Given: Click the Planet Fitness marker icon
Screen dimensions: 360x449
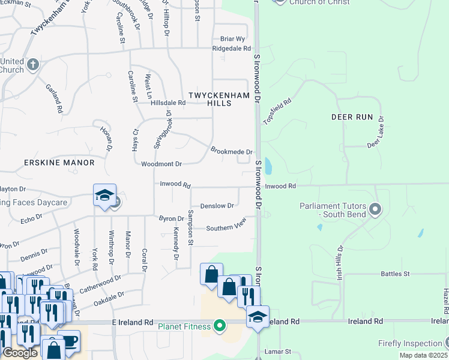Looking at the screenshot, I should point(220,326).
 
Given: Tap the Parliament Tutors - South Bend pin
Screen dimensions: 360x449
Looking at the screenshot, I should point(376,210).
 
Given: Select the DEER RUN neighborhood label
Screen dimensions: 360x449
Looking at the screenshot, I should point(352,118).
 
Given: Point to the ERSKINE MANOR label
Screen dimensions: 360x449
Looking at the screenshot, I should point(59,163).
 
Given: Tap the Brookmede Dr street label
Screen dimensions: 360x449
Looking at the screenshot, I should point(231,152).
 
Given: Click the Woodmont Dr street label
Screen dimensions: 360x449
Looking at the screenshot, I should point(161,164).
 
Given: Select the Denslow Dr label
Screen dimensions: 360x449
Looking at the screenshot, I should point(217,206).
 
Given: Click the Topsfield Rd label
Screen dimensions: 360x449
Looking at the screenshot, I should point(277,112).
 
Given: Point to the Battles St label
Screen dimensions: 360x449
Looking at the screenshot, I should point(394,274).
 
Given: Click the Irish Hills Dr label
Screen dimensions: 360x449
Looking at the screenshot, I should point(340,262).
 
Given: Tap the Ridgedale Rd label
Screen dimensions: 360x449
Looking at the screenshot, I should point(231,48).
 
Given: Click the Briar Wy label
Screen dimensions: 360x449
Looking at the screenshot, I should point(233,38).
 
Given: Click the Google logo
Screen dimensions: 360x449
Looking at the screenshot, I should point(20,353).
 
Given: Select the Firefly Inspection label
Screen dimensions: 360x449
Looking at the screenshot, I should point(410,343).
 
